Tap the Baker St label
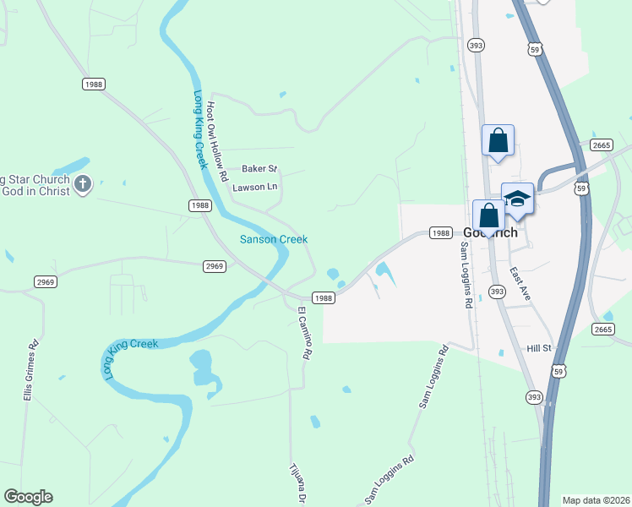pos(259,169)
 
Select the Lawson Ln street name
pos(254,187)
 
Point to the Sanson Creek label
pos(273,239)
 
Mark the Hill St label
pos(539,348)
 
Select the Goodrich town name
pos(490,233)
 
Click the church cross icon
pos(83,185)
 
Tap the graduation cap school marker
pos(517,199)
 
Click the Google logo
pos(28,497)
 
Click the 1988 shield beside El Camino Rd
pos(324,297)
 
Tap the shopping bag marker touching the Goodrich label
pos(488,215)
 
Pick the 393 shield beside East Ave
pos(497,292)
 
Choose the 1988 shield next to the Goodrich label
pos(440,232)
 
